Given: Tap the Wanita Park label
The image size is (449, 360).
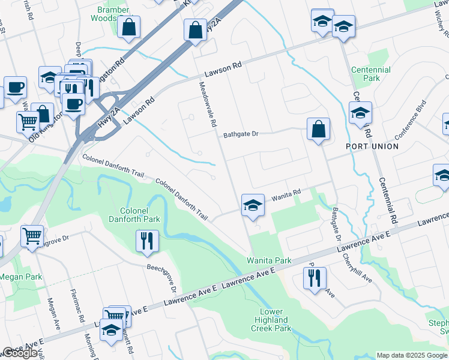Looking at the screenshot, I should [x=269, y=260].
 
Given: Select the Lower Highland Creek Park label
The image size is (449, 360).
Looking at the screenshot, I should [x=276, y=320].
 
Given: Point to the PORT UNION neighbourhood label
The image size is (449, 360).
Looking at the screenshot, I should [x=372, y=146].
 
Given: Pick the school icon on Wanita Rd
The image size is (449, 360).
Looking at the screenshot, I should [x=253, y=205].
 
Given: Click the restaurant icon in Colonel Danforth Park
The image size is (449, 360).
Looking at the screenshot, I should [x=147, y=241].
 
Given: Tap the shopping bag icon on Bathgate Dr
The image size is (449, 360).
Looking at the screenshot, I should [x=318, y=129].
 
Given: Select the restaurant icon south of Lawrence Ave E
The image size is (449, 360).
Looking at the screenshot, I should [x=315, y=278].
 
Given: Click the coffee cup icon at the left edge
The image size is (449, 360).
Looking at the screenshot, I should [x=15, y=88].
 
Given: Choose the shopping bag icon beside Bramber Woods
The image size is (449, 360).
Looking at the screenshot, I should [x=129, y=27].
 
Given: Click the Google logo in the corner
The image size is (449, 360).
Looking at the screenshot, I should [x=20, y=353].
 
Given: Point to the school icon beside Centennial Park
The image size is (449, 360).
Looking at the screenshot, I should [x=361, y=113].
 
